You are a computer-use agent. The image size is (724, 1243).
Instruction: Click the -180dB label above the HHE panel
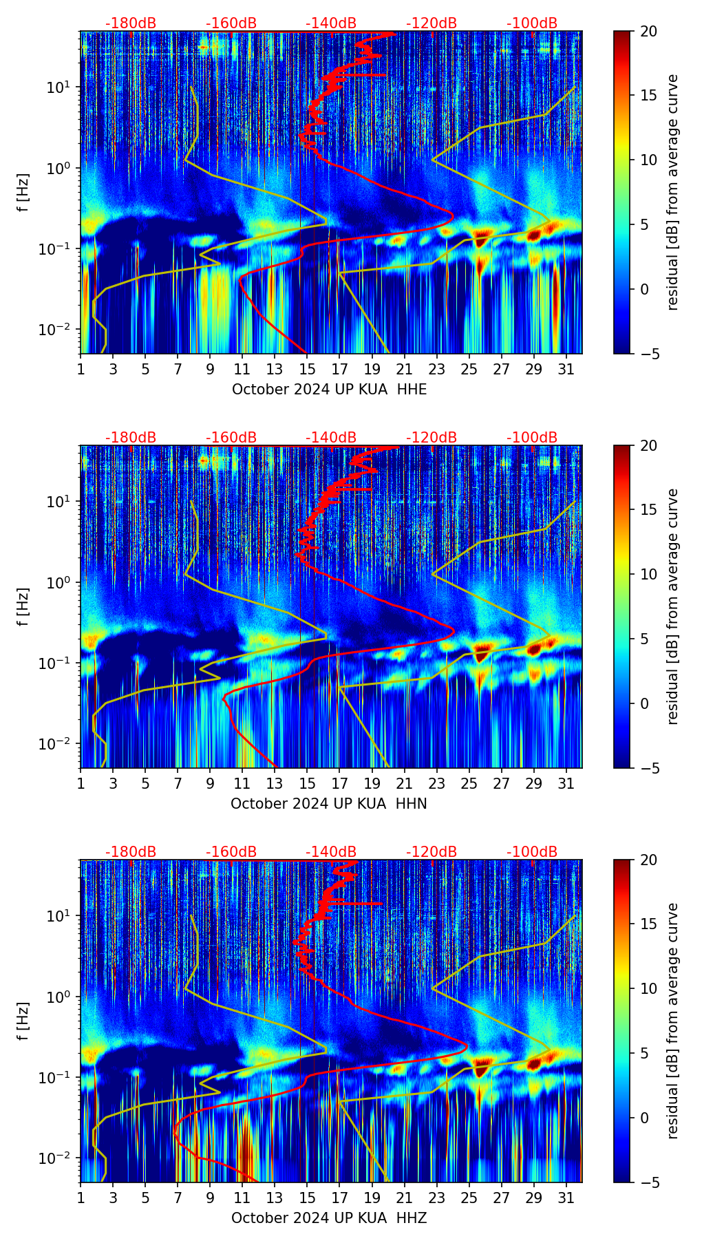pyautogui.click(x=131, y=23)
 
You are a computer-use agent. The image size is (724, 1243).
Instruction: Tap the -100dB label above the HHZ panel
pyautogui.click(x=532, y=852)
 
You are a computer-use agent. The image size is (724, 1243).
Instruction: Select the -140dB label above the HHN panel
pyautogui.click(x=331, y=438)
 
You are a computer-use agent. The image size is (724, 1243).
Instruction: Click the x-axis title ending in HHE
pyautogui.click(x=329, y=390)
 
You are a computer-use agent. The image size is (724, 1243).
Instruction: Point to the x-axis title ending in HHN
pyautogui.click(x=328, y=804)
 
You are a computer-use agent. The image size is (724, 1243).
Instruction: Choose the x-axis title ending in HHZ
pyautogui.click(x=329, y=1218)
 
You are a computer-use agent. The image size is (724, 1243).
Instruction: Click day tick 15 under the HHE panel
pyautogui.click(x=307, y=369)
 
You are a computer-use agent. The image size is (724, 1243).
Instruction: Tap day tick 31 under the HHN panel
pyautogui.click(x=566, y=783)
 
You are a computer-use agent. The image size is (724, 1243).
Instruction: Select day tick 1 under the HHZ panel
pyautogui.click(x=81, y=1198)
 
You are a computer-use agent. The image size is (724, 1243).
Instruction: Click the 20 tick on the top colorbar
pyautogui.click(x=649, y=31)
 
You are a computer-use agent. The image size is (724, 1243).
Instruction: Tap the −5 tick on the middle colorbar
pyautogui.click(x=649, y=768)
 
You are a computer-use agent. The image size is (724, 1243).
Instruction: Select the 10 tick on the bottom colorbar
pyautogui.click(x=649, y=988)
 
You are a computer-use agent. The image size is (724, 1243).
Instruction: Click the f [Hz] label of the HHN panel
pyautogui.click(x=23, y=606)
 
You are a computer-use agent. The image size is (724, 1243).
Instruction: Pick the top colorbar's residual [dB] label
pyautogui.click(x=673, y=192)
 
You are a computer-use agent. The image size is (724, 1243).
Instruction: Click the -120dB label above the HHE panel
pyautogui.click(x=432, y=23)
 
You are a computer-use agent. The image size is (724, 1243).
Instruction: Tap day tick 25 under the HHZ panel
pyautogui.click(x=469, y=1198)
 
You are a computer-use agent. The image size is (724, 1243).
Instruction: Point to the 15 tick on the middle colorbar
pyautogui.click(x=649, y=510)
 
